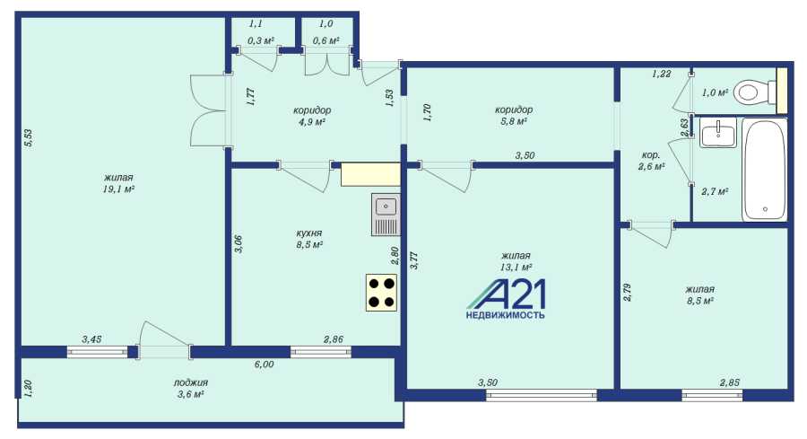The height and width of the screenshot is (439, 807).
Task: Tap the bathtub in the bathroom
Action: click(764, 170)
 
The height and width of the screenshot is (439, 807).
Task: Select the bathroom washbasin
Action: click(718, 133)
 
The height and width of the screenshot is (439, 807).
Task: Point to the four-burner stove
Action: click(381, 293)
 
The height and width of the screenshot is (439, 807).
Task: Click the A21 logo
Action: click(506, 299)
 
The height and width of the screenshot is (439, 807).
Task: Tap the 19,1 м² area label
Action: click(118, 189)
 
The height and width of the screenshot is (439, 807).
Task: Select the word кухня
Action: click(308, 233)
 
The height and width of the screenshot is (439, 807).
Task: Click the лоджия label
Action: click(190, 382)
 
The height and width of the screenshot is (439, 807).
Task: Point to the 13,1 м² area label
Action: click(516, 267)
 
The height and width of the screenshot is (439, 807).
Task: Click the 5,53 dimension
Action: click(29, 137)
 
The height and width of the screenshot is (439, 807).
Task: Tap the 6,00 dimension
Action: click(264, 364)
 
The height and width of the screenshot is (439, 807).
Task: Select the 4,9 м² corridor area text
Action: click(312, 121)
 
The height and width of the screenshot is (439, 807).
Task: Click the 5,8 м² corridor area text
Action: click(514, 121)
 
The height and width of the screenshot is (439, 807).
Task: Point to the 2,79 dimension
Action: click(627, 292)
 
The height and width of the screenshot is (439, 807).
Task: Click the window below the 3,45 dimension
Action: click(97, 353)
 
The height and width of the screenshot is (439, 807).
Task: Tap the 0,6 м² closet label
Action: click(325, 40)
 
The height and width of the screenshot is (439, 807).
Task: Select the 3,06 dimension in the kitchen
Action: click(238, 243)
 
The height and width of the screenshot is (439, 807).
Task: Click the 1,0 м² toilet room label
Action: click(715, 92)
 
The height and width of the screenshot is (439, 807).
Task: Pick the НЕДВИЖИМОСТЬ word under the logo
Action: click(506, 315)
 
